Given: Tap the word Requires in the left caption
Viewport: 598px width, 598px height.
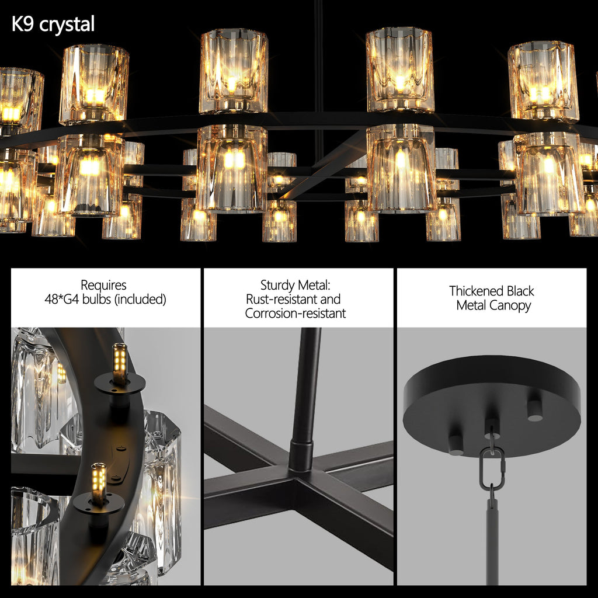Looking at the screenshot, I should coord(103,286).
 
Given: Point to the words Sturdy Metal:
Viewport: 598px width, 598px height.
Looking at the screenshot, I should coord(295,286).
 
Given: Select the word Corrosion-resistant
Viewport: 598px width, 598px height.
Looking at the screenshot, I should coord(295,314).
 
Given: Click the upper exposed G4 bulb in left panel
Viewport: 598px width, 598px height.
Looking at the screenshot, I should coord(119,364).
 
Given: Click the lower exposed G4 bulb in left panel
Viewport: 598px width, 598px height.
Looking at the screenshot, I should coord(98,484).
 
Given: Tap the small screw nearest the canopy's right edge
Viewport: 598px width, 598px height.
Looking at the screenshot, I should coord(534,410).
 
